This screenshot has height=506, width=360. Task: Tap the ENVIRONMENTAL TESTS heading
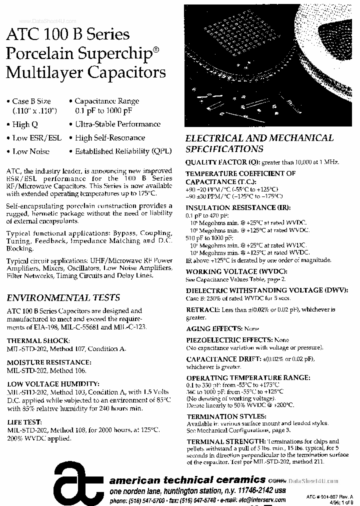tap(63, 297)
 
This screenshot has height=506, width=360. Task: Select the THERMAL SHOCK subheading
tap(38, 340)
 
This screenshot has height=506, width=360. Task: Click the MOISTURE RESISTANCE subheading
tap(48, 362)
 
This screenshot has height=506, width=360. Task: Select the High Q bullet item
tap(24, 124)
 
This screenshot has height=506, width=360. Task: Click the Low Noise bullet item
tap(30, 151)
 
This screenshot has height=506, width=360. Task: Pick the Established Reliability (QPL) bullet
tap(119, 151)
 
